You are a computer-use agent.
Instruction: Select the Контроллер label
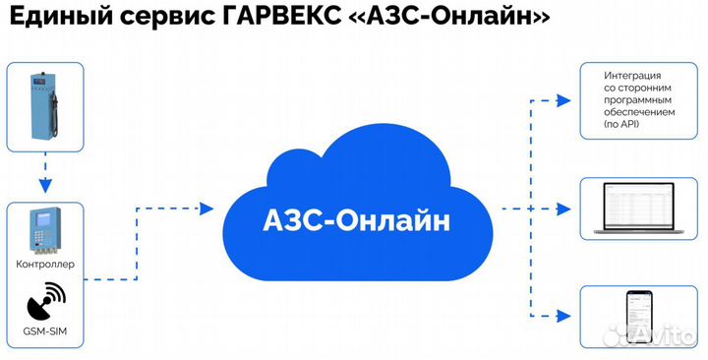(45, 266)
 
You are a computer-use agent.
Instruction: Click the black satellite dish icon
(44, 298)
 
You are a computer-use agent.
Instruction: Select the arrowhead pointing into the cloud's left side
(206, 209)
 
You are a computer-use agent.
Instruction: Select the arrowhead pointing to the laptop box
(562, 209)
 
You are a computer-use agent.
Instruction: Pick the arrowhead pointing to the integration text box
(562, 100)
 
